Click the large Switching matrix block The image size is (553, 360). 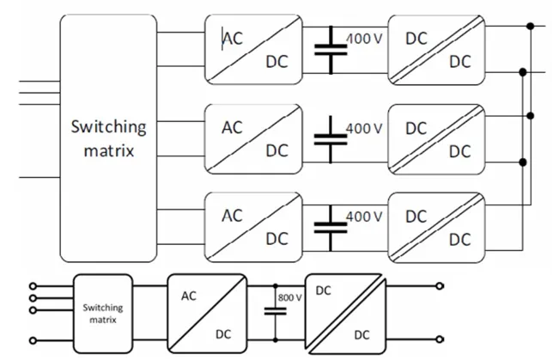(108, 137)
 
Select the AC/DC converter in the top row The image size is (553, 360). (253, 50)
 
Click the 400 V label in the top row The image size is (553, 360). (364, 39)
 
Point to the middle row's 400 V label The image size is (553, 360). (364, 127)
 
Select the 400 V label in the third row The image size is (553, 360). (364, 216)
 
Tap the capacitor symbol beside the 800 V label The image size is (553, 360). (275, 312)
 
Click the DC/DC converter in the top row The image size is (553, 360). (437, 50)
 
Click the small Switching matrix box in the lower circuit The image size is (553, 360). (102, 311)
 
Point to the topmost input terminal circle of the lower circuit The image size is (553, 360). (33, 286)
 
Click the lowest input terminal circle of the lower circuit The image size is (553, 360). (33, 338)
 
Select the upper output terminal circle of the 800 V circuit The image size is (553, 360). (441, 287)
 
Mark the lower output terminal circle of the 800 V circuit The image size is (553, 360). (441, 338)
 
